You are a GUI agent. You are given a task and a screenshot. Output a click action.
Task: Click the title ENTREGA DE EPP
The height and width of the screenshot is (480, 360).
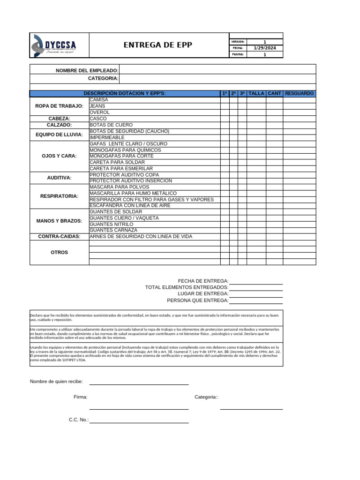(157, 45)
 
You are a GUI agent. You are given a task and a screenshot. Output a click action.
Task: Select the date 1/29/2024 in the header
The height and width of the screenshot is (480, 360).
(264, 48)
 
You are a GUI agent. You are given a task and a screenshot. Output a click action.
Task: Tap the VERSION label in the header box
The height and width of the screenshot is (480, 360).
(238, 42)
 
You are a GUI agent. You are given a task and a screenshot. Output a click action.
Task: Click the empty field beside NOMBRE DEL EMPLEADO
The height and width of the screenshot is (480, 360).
(217, 70)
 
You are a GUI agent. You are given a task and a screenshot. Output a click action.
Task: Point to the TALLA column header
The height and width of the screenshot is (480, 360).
(256, 94)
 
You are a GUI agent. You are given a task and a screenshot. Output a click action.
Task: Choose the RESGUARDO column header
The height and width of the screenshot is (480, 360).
(299, 94)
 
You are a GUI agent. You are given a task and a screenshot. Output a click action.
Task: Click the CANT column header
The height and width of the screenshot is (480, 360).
(274, 94)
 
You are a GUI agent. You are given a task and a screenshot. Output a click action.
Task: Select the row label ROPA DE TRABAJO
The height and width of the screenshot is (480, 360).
(60, 106)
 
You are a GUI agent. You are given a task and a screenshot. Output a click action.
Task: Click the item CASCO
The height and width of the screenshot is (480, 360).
(98, 119)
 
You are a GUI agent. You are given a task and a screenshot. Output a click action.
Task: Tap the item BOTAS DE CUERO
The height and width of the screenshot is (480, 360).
(111, 125)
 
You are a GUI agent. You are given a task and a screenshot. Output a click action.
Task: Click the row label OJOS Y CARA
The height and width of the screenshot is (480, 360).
(60, 156)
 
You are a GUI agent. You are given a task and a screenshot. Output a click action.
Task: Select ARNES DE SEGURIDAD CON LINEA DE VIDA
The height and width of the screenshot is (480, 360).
(141, 237)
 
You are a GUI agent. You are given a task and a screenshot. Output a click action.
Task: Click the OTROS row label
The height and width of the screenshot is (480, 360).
(60, 252)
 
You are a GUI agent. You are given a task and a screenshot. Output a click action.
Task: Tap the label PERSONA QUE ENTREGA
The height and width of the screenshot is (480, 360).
(198, 300)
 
